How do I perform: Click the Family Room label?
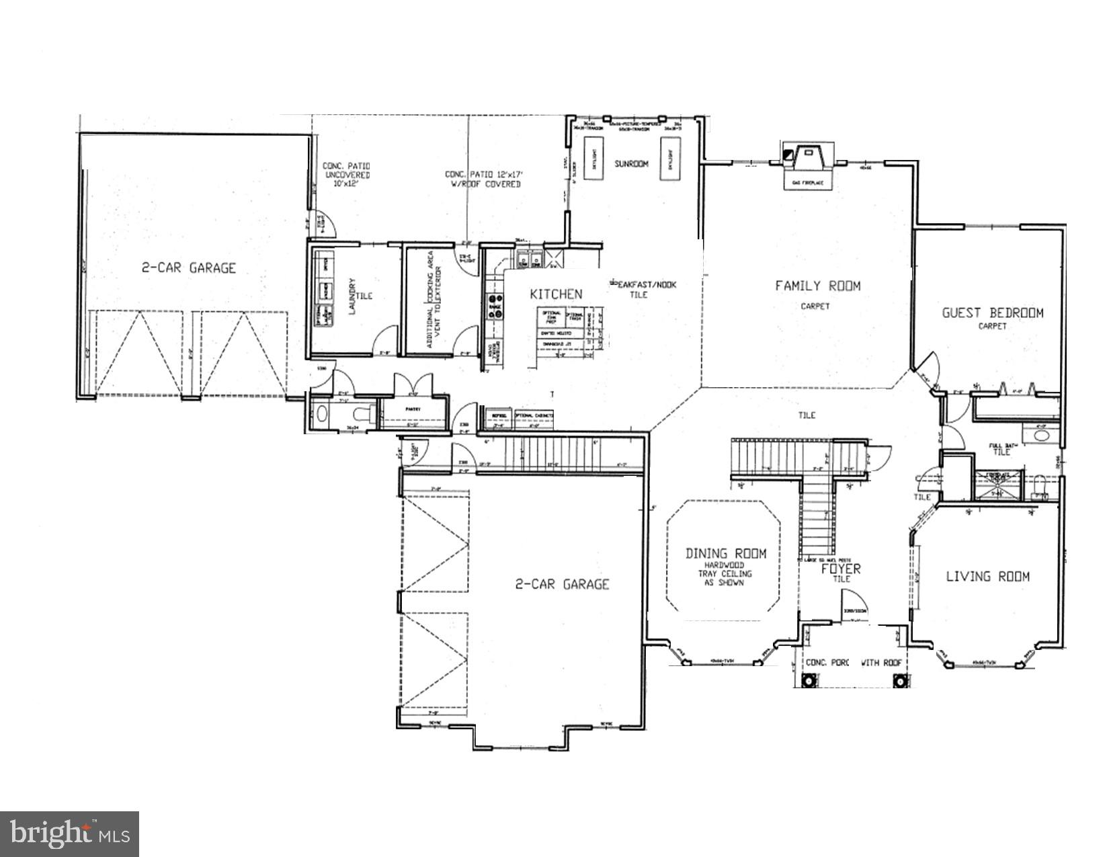click(x=817, y=286)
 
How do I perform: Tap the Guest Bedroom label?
click(x=992, y=313)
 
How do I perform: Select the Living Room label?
click(x=987, y=576)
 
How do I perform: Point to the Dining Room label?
click(x=725, y=554)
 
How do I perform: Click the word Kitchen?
click(x=556, y=294)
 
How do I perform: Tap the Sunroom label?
click(x=631, y=163)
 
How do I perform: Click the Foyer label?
click(x=841, y=569)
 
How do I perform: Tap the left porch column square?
click(x=809, y=681)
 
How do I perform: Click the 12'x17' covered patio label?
click(x=483, y=179)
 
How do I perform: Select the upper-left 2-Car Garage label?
click(x=188, y=268)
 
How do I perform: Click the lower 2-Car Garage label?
click(x=562, y=584)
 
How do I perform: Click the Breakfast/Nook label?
click(x=643, y=285)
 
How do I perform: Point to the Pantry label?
click(x=412, y=409)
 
